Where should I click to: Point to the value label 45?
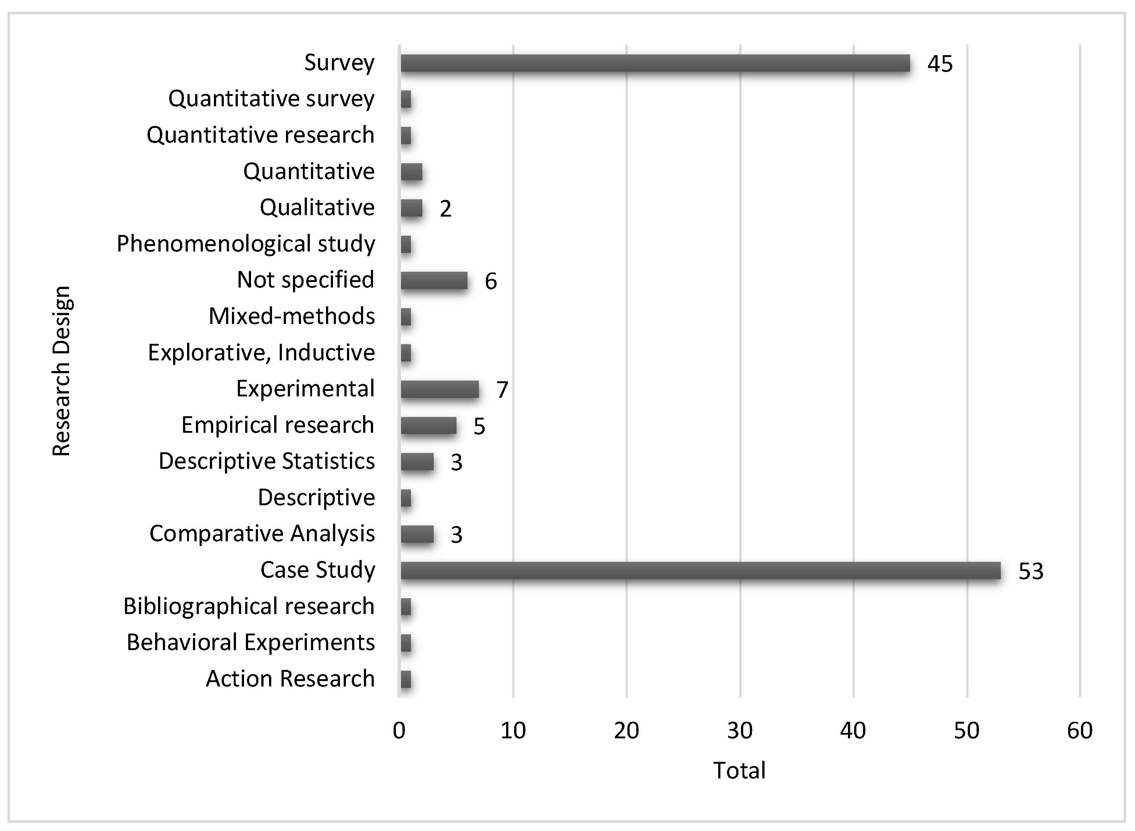click(939, 64)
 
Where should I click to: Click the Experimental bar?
click(440, 390)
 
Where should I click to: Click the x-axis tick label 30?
click(740, 730)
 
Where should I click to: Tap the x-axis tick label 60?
click(1079, 730)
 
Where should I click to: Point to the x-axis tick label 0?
click(399, 730)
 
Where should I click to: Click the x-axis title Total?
click(739, 771)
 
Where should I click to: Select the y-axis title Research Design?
click(62, 371)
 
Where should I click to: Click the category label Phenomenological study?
click(246, 244)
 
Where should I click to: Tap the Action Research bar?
click(406, 680)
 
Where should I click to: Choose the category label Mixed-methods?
click(292, 316)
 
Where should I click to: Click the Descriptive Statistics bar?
click(417, 462)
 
